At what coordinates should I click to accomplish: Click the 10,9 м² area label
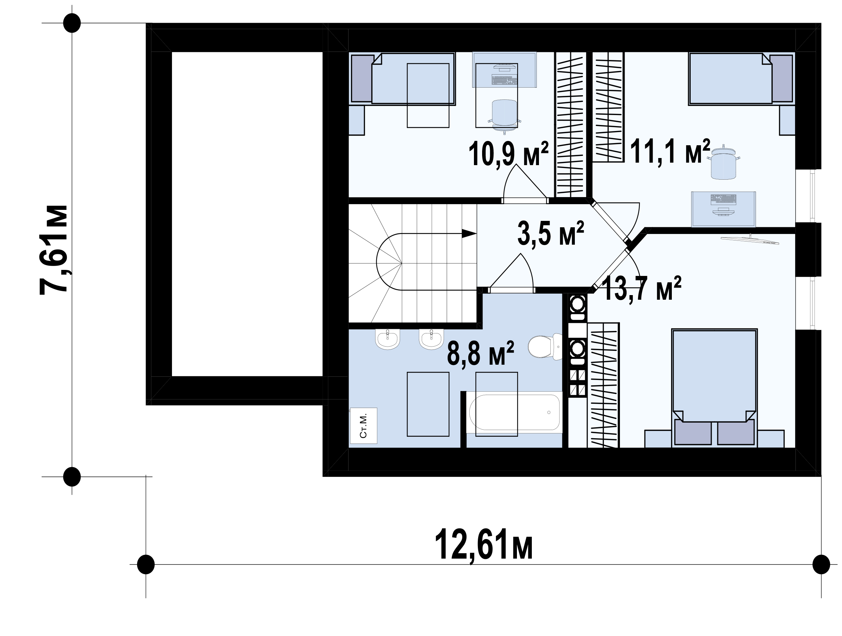tap(508, 154)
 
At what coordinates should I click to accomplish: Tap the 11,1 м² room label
tap(670, 151)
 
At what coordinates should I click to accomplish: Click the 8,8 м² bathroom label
tap(480, 353)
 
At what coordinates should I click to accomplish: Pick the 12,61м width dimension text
tap(484, 544)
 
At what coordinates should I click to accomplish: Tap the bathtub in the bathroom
tap(514, 412)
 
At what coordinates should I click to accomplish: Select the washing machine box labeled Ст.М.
tap(363, 426)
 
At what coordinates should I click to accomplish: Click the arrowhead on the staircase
tap(469, 233)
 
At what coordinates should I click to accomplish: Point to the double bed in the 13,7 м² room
tap(714, 387)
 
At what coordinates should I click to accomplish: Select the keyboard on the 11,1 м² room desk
tap(723, 199)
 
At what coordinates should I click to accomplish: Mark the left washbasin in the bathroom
tap(388, 338)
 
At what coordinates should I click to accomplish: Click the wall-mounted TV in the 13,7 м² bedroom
tap(750, 239)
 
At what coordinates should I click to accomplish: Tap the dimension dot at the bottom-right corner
tap(821, 564)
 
